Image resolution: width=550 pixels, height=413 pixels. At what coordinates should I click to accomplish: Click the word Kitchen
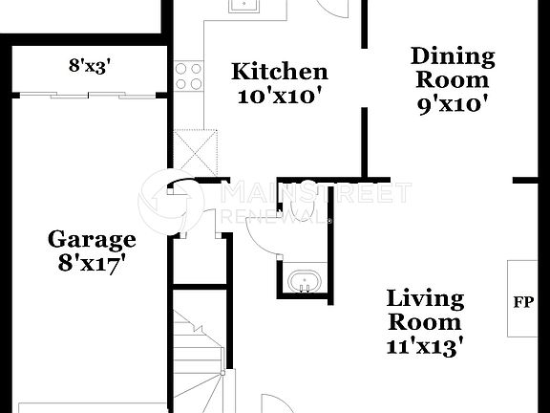coord(281,72)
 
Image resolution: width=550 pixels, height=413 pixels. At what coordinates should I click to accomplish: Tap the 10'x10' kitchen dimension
coord(281,96)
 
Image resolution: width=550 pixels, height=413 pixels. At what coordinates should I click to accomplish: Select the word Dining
coord(452,55)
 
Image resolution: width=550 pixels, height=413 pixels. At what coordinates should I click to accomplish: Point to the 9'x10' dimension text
coord(452,103)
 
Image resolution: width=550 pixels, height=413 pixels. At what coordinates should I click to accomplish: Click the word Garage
coord(92,239)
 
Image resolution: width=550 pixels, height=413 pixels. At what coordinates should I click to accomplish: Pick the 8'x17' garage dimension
coord(92,263)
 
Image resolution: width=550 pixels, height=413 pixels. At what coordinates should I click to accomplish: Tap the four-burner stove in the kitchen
coord(188,75)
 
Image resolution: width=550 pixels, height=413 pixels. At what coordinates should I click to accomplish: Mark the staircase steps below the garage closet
coord(199,354)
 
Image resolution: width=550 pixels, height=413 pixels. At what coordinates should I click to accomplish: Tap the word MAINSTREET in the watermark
coord(315,194)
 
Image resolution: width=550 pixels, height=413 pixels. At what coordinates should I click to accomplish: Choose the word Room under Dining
coord(452,79)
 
